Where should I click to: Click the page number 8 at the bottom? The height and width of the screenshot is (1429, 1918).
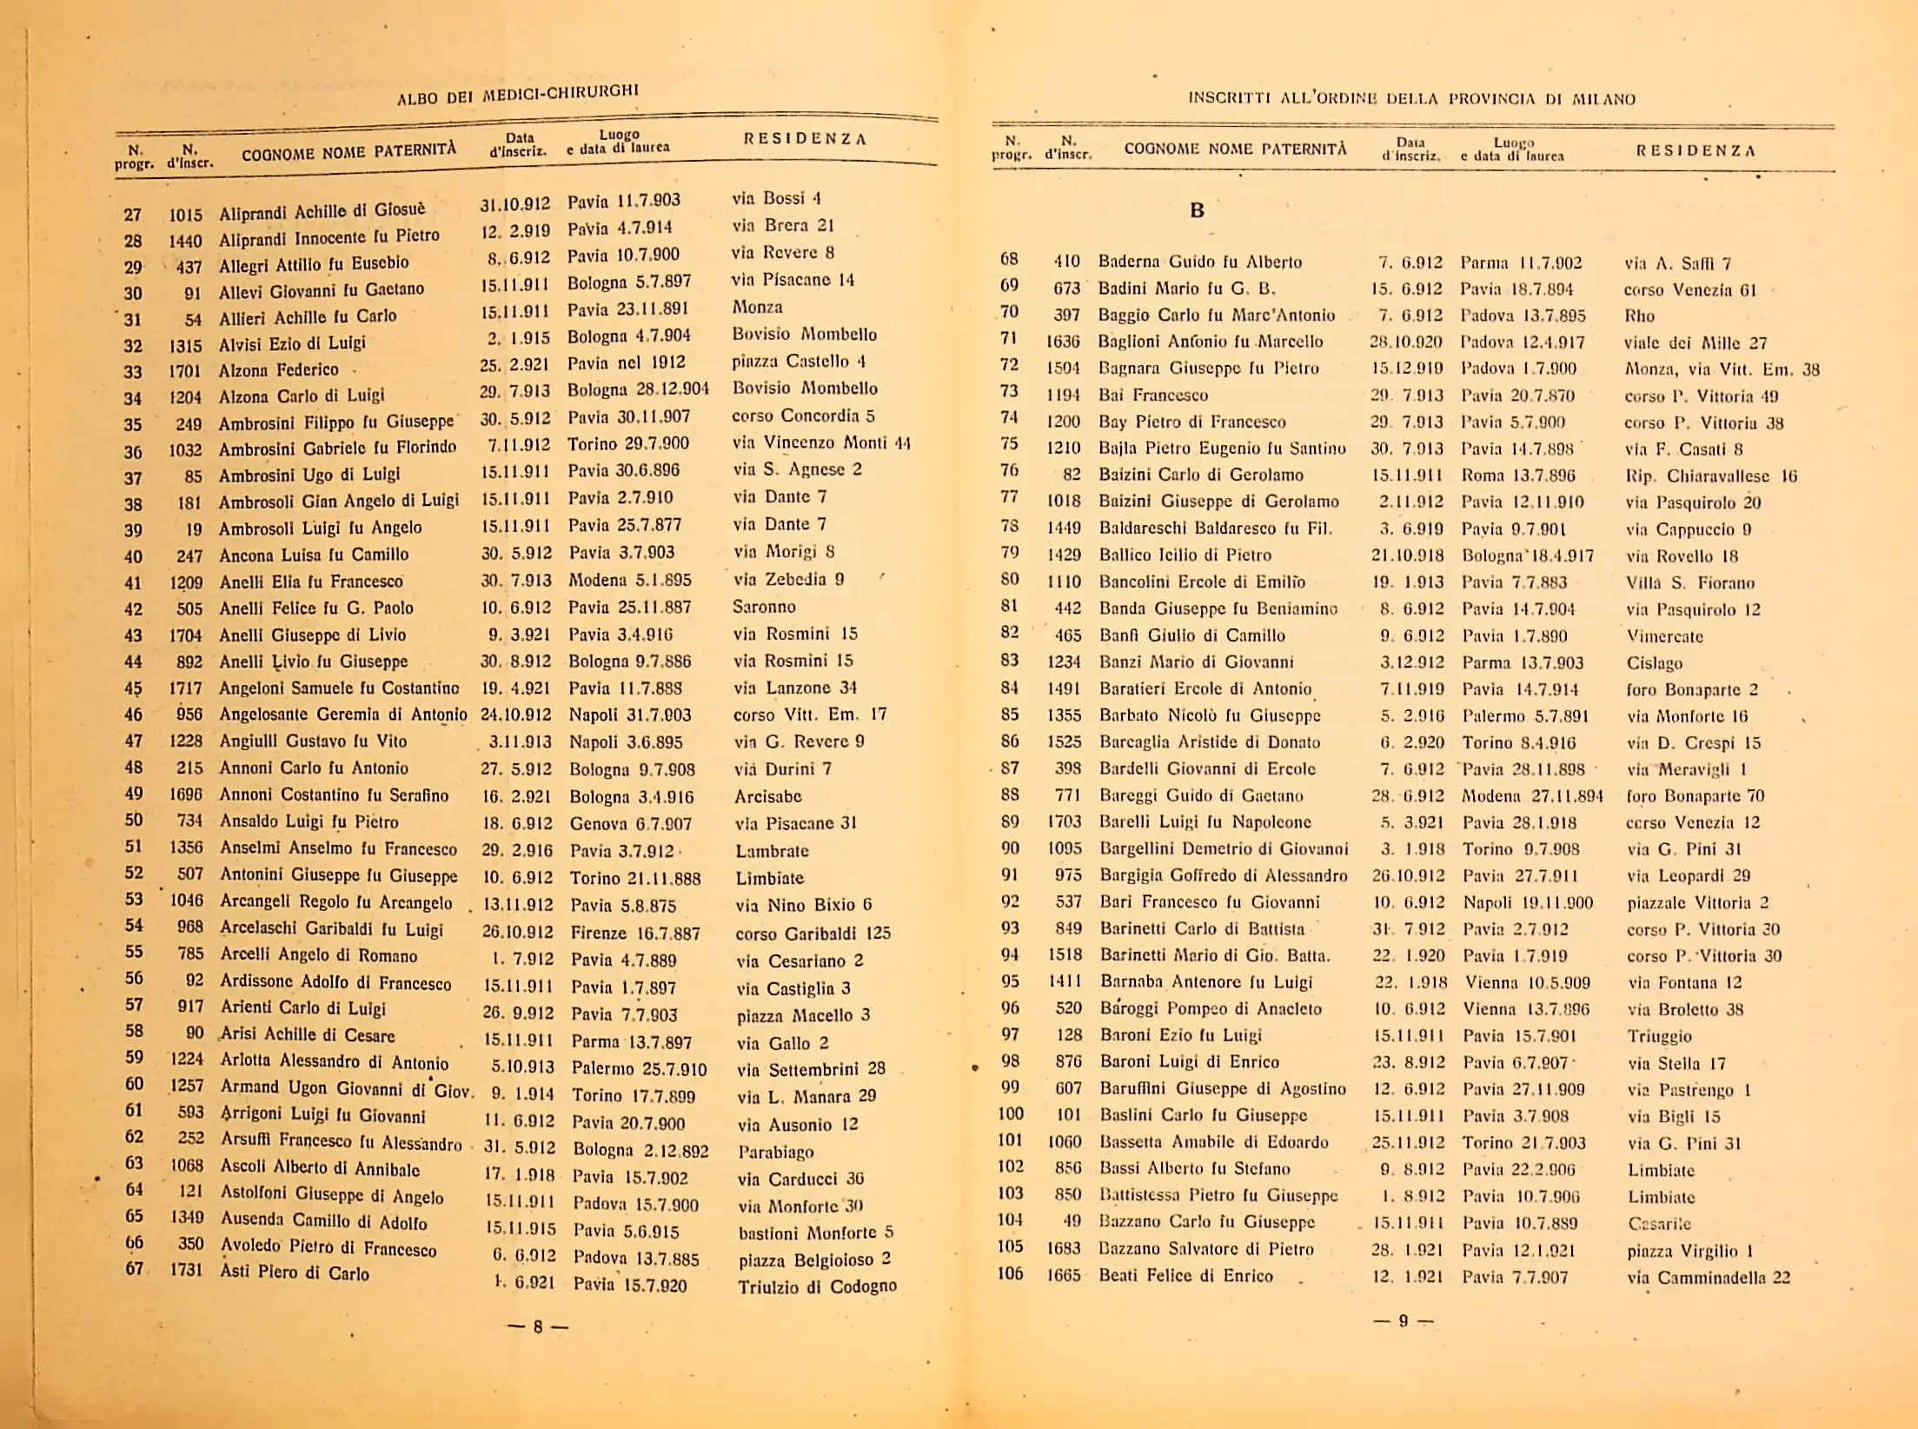pos(538,1327)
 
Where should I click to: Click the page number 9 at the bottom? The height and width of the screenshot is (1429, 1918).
pos(1403,1321)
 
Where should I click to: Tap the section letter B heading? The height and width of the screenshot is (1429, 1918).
pos(1198,210)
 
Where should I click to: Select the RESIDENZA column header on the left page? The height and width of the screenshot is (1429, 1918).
pos(805,139)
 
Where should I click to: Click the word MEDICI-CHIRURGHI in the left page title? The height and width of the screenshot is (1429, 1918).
pos(561,92)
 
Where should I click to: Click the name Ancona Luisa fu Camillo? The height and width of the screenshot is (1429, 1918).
pos(313,555)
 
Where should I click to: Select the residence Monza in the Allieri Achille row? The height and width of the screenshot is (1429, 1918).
pos(757,307)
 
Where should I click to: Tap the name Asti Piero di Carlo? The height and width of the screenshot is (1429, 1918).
pos(295,1273)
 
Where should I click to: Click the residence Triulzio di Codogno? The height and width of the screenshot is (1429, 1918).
pos(817,1286)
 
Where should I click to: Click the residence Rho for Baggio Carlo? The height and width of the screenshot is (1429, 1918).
pos(1639,316)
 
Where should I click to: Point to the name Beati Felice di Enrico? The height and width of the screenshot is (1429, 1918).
pos(1186,1276)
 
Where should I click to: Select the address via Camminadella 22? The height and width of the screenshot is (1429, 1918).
pos(1709,1278)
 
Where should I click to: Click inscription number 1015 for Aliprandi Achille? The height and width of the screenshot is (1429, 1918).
pos(185,214)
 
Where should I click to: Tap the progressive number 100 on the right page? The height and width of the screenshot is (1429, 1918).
pos(1011,1113)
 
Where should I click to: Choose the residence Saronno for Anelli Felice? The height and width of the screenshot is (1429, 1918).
pos(764,607)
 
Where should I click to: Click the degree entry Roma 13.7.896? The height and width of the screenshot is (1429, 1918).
pos(1517,475)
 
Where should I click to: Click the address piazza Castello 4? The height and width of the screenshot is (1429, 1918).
pos(799,362)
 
